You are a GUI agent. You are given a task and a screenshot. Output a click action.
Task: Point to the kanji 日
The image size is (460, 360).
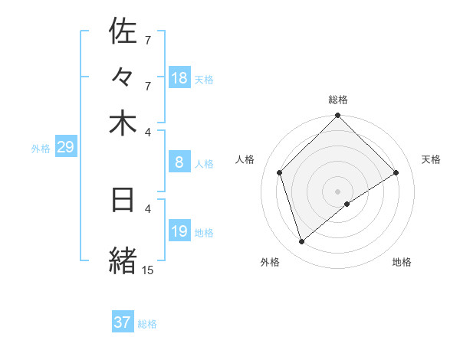(123, 199)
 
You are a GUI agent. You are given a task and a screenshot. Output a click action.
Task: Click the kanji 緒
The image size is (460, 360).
(123, 259)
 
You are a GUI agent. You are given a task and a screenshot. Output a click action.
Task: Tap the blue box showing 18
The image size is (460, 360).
(179, 78)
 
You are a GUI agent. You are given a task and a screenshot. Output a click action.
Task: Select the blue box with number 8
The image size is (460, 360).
(179, 162)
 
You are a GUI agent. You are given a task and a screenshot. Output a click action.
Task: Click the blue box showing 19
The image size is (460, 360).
(179, 231)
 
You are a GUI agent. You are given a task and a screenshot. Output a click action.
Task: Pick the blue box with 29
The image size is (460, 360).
(65, 147)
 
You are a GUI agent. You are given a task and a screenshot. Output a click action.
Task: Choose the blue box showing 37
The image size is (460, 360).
(123, 322)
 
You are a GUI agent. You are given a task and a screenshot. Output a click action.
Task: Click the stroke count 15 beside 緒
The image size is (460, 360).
(147, 270)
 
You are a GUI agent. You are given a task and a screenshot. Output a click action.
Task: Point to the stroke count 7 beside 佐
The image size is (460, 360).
(147, 40)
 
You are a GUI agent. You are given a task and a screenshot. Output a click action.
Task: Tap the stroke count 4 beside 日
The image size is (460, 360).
(148, 208)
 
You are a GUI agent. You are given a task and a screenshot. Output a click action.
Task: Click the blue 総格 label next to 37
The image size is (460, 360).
(147, 324)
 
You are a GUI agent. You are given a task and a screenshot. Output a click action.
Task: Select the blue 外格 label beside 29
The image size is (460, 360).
(41, 149)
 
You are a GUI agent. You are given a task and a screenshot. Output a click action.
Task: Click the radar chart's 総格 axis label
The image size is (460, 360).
(338, 100)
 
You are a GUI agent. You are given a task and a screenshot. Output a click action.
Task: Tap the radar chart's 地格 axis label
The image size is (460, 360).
(402, 262)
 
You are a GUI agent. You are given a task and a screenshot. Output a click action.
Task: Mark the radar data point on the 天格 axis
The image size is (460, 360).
(396, 172)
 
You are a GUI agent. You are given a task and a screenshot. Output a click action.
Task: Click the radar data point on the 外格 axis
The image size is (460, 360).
(302, 242)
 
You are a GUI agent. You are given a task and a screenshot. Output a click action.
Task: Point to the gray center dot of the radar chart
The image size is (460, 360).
(338, 191)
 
